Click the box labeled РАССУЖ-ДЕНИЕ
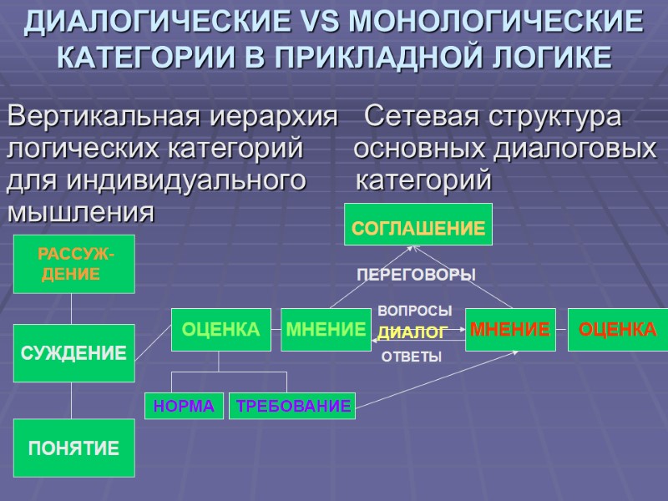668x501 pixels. point(73,264)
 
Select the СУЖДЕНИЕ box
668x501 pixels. point(73,353)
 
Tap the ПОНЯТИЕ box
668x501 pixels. point(73,448)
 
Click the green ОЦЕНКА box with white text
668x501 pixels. point(221,330)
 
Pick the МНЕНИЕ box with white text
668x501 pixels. point(326,330)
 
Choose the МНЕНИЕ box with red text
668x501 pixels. point(509,330)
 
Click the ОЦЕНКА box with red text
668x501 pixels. point(618,330)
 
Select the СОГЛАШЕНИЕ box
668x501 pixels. point(418,225)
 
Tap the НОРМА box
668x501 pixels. point(184,406)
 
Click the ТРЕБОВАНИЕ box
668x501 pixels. point(292,406)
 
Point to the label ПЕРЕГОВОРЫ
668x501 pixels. point(416,275)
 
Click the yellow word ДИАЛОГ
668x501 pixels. point(412,333)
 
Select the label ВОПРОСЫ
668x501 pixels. point(415,311)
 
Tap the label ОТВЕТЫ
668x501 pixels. point(411,357)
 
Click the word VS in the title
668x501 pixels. point(339,22)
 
